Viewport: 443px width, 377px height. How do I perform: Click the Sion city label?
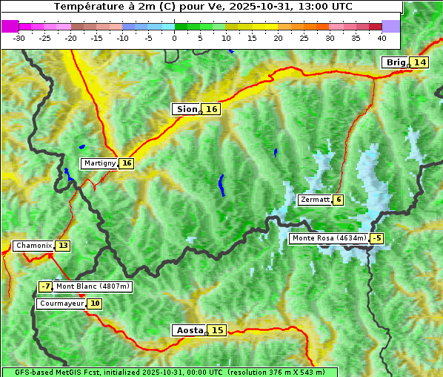coord(186,109)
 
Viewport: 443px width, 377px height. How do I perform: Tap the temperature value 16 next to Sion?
coord(212,109)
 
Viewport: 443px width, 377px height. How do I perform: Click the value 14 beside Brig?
coord(419,62)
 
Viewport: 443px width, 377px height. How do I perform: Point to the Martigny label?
coord(99,163)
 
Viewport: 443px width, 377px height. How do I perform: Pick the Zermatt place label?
coord(315,200)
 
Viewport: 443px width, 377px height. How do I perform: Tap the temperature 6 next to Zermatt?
coord(339,200)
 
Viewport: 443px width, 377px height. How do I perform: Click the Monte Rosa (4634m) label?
coord(329,238)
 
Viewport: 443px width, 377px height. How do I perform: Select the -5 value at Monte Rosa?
coord(377,238)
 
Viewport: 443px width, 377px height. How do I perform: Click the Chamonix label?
coord(33,246)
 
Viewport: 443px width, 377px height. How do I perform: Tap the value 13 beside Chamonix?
coord(63,246)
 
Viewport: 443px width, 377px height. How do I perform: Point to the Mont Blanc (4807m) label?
coord(93,286)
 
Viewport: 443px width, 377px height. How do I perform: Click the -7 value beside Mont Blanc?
coord(46,286)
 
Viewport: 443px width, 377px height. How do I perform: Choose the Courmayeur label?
coord(61,304)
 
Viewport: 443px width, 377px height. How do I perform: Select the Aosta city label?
coord(188,330)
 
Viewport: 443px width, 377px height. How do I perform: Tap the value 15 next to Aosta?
coord(216,330)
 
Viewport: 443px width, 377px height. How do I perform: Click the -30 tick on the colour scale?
coord(19,38)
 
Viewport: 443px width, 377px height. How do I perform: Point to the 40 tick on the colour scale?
coord(382,38)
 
